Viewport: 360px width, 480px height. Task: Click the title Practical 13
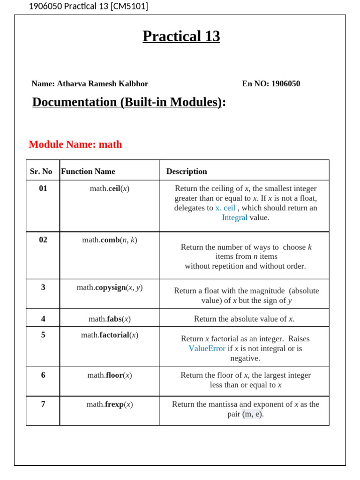(181, 36)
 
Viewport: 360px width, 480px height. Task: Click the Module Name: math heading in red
(75, 144)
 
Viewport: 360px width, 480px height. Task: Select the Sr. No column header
(41, 172)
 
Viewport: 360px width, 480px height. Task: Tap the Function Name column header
(88, 172)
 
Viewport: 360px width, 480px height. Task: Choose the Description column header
(187, 172)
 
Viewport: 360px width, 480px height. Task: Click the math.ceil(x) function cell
(110, 189)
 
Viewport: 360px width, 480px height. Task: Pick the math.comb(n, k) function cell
(110, 240)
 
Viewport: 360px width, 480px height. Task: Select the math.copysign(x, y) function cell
(110, 288)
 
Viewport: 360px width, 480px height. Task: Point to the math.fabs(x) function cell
(110, 319)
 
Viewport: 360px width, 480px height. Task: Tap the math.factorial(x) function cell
(110, 335)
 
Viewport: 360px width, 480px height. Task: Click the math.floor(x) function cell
(110, 375)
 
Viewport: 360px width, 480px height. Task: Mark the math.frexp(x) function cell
(110, 405)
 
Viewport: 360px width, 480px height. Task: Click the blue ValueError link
(207, 349)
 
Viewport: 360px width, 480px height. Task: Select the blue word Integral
(234, 218)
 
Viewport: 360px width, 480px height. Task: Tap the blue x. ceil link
(225, 208)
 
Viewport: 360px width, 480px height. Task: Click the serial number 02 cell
(43, 240)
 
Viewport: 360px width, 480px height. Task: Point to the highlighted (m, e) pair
(253, 414)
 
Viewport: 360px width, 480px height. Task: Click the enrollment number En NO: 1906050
(271, 84)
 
